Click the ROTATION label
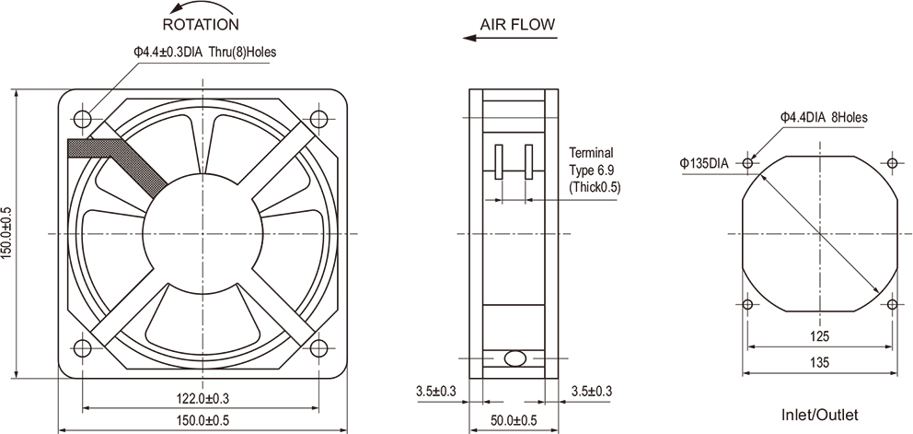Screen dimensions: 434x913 [200, 23]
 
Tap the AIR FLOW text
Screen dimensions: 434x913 [517, 25]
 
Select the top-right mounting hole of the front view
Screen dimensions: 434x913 [320, 118]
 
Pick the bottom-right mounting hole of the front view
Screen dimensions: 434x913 [320, 346]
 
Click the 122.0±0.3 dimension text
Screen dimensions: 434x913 [202, 399]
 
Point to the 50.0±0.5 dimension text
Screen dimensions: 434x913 [512, 422]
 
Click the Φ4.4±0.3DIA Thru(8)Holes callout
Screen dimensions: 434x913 [204, 53]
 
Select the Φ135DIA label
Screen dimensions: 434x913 [704, 163]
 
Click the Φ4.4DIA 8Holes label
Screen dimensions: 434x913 [823, 117]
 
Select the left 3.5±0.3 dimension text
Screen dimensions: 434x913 [435, 393]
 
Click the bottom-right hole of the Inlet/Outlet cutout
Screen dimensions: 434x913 [893, 303]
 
